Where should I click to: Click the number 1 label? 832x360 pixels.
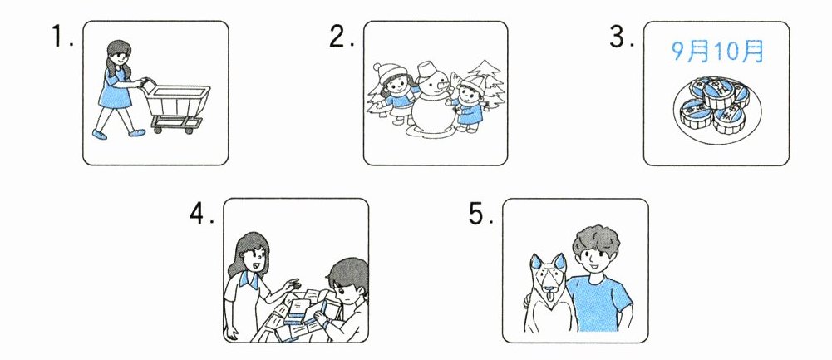click(62, 37)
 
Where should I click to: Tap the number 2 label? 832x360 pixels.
click(341, 37)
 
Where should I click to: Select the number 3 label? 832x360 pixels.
click(622, 37)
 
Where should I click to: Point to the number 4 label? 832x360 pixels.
click(202, 214)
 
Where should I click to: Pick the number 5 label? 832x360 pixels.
click(480, 214)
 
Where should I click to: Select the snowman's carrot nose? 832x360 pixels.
click(440, 87)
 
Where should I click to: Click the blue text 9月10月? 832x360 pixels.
click(717, 52)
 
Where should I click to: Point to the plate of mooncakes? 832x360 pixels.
click(716, 111)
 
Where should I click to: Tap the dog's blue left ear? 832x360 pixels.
click(536, 262)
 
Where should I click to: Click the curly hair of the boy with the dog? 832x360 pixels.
click(596, 242)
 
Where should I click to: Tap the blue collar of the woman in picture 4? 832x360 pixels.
click(249, 279)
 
